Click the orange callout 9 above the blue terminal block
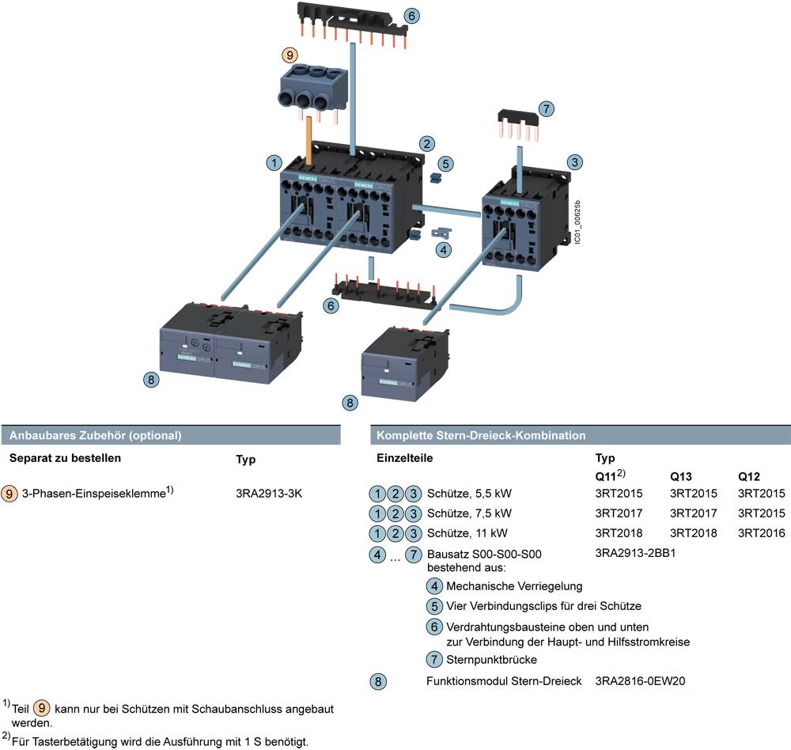click(291, 55)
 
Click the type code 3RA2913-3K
click(269, 494)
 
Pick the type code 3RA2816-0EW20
click(640, 680)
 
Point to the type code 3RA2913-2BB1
click(634, 553)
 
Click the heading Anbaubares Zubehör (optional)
click(96, 435)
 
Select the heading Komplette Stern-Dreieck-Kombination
click(481, 435)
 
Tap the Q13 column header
click(683, 477)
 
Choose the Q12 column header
click(749, 477)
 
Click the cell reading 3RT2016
click(762, 532)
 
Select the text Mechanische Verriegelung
click(514, 586)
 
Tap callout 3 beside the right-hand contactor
click(576, 161)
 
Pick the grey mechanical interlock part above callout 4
click(440, 233)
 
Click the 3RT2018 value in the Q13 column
click(694, 532)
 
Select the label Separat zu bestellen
click(66, 458)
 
